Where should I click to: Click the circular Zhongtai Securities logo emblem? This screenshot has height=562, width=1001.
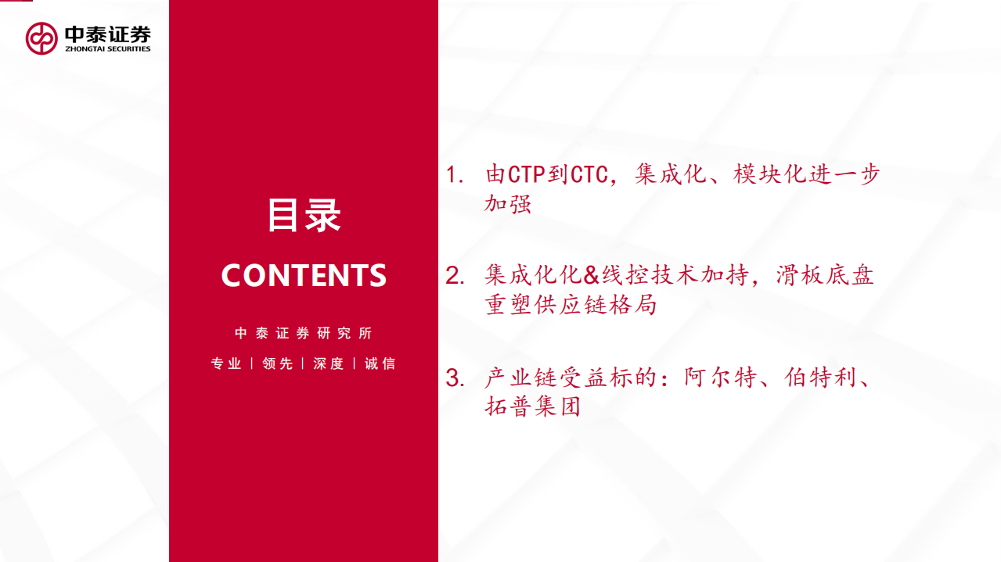[41, 38]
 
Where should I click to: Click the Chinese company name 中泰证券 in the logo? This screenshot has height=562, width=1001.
[107, 34]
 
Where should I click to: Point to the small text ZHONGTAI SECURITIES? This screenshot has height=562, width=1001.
[107, 49]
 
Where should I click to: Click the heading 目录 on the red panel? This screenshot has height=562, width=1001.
[304, 215]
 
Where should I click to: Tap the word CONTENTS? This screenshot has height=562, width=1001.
[304, 275]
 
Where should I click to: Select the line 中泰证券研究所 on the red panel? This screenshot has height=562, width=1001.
[304, 333]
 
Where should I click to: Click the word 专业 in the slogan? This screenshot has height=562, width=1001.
[226, 363]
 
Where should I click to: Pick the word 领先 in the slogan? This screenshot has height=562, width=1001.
[277, 363]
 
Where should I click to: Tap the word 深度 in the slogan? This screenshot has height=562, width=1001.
[329, 363]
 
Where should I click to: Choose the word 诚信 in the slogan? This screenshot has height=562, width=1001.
[380, 363]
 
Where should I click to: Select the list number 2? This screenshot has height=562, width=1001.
[454, 276]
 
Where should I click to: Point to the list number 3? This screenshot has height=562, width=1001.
[454, 378]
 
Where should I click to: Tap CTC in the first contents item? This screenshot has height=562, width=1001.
[589, 174]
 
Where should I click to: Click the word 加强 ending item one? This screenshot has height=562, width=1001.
[508, 204]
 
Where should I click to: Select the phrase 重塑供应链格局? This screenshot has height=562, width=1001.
[571, 305]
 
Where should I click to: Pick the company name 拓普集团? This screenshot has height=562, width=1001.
[533, 407]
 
